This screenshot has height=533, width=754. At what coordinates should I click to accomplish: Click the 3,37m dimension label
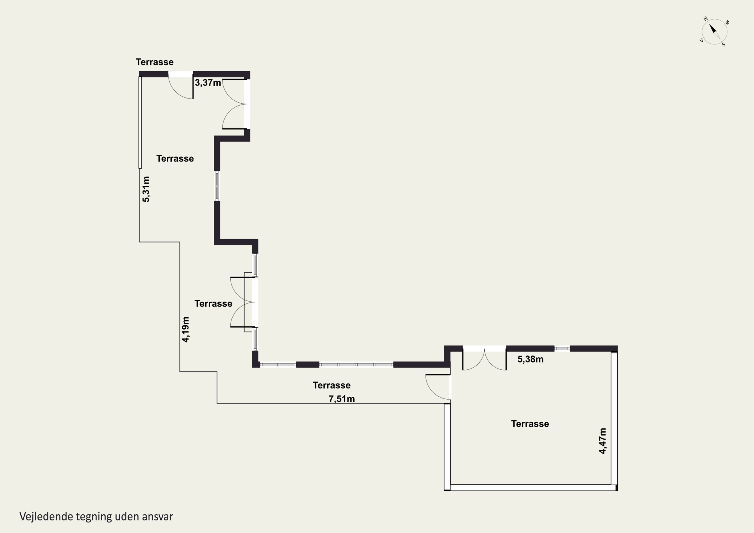tap(208, 82)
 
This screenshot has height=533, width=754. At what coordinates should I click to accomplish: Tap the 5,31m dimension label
tap(146, 189)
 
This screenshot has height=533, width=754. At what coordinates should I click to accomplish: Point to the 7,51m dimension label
tap(342, 399)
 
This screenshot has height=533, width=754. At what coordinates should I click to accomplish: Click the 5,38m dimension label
tap(530, 359)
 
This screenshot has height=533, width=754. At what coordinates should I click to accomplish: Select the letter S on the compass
tap(724, 45)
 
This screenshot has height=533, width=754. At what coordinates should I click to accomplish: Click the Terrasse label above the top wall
tap(155, 62)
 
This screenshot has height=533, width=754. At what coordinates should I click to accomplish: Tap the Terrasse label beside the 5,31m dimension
tap(175, 159)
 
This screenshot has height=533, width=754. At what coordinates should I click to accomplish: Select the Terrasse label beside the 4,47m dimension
tap(530, 424)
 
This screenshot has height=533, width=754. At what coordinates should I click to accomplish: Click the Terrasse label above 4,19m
tap(213, 304)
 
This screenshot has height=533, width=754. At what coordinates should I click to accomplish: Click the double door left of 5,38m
tap(484, 360)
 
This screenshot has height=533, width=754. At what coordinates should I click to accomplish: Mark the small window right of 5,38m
tap(562, 349)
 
